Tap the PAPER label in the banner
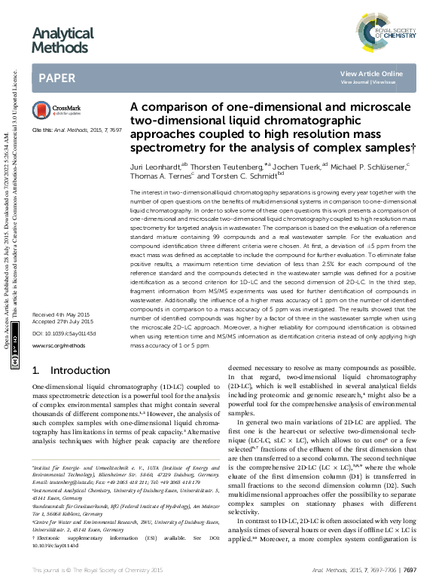(56, 77)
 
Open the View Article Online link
(372, 73)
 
